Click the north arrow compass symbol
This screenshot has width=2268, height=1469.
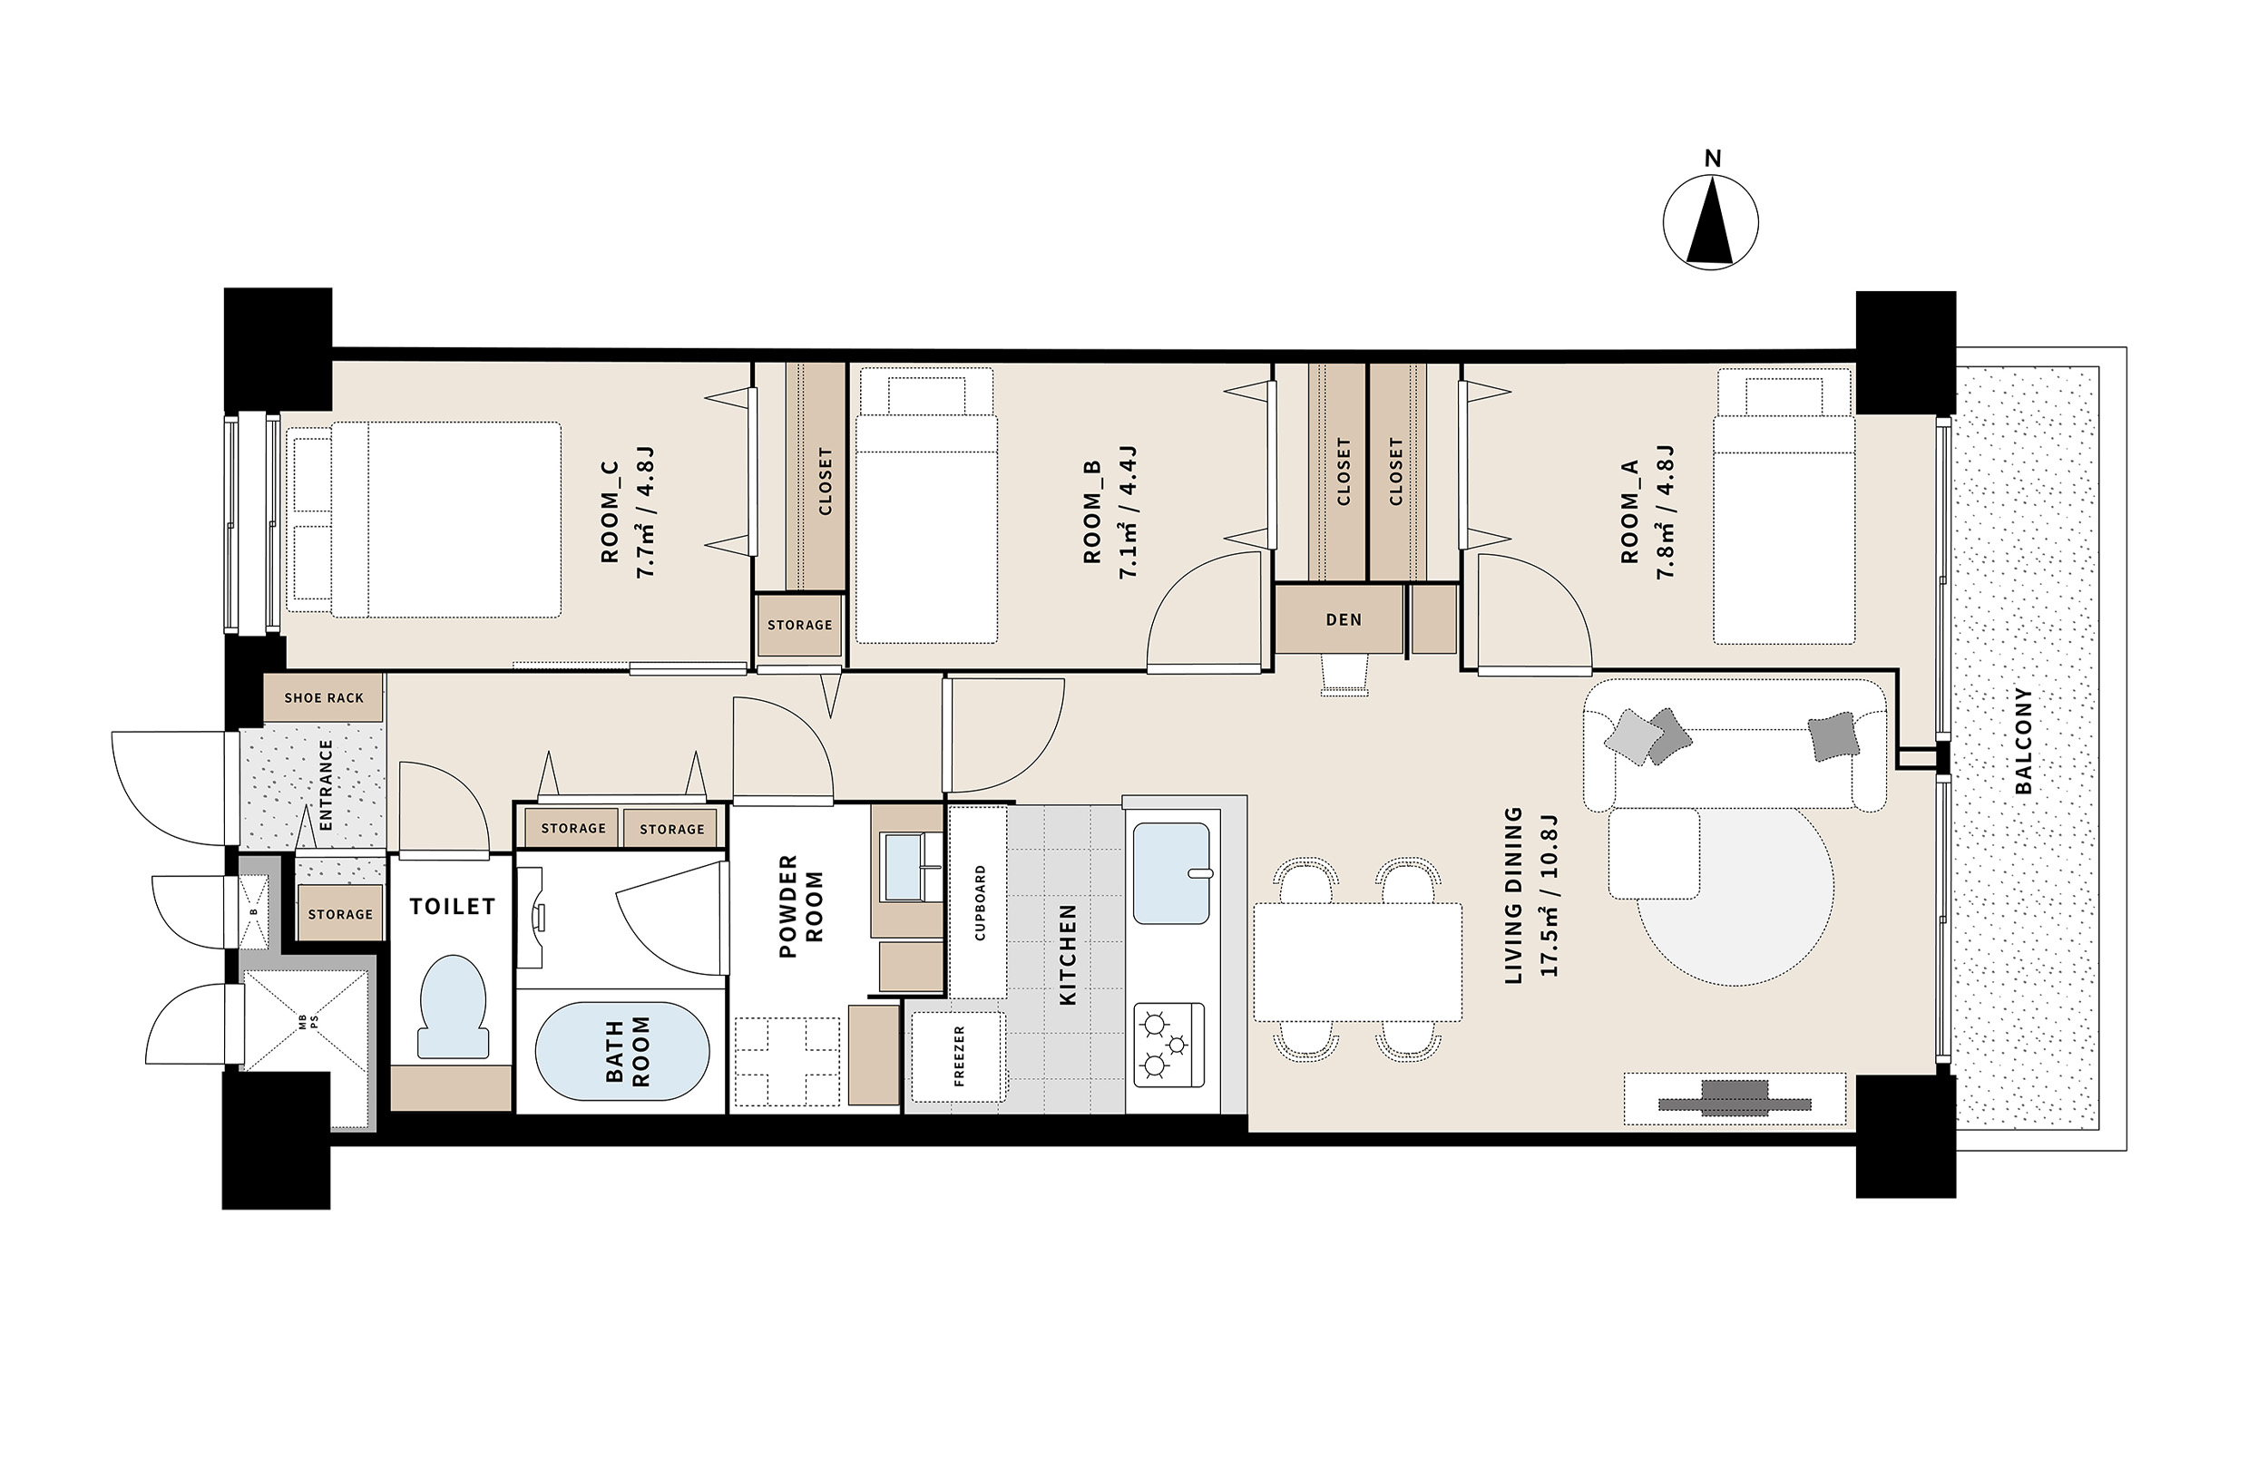[1711, 223]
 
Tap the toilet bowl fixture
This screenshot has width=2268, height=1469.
[453, 1007]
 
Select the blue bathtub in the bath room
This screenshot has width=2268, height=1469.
[622, 1052]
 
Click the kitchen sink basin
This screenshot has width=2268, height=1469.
[1172, 873]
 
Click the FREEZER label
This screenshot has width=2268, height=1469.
[959, 1056]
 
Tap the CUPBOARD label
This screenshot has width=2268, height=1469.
[980, 902]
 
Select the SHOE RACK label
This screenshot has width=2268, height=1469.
[324, 697]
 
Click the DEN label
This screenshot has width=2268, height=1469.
[1344, 619]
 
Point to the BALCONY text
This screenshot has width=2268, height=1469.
[2024, 740]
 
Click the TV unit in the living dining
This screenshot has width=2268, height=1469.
[1735, 1099]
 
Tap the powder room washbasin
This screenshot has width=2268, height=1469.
[904, 867]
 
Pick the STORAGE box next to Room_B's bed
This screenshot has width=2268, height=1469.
[799, 625]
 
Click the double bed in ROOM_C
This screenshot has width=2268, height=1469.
[424, 520]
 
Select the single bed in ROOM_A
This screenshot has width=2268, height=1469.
[1784, 506]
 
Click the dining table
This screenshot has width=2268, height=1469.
[1358, 962]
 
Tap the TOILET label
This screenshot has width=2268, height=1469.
[453, 906]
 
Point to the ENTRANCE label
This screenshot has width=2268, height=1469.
[325, 784]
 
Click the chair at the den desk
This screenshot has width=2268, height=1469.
[1344, 674]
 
